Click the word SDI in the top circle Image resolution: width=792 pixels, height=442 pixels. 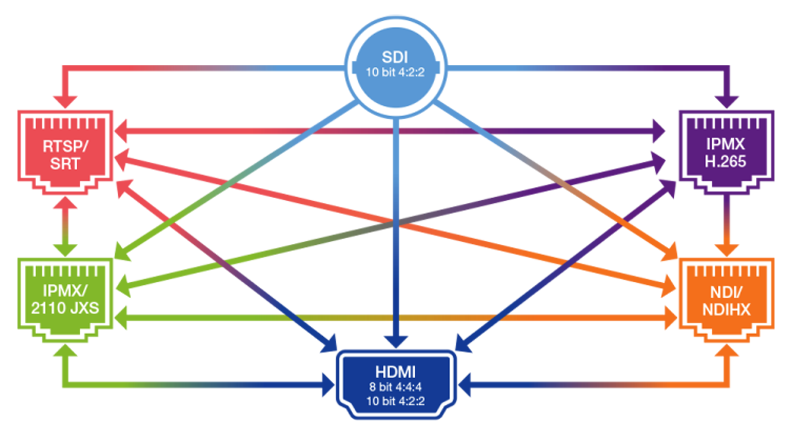click(395, 57)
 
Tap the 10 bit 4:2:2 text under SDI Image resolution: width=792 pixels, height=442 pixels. click(395, 73)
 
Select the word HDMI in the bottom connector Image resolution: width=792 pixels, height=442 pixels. click(395, 372)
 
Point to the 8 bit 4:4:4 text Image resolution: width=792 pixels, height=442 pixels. click(395, 387)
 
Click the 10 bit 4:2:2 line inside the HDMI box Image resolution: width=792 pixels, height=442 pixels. click(395, 401)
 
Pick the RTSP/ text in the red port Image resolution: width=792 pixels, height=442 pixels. click(65, 146)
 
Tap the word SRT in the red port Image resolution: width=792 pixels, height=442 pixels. click(65, 164)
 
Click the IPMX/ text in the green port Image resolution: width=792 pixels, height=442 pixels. click(65, 291)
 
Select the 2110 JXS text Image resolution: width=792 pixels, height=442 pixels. click(65, 308)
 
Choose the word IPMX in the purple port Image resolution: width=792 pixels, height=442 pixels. click(725, 144)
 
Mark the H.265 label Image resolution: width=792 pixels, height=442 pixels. click(725, 161)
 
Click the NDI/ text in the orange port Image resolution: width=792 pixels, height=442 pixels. click(726, 292)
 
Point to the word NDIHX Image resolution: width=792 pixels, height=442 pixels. click(726, 309)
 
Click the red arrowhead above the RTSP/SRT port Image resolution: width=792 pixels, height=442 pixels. click(84, 93)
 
